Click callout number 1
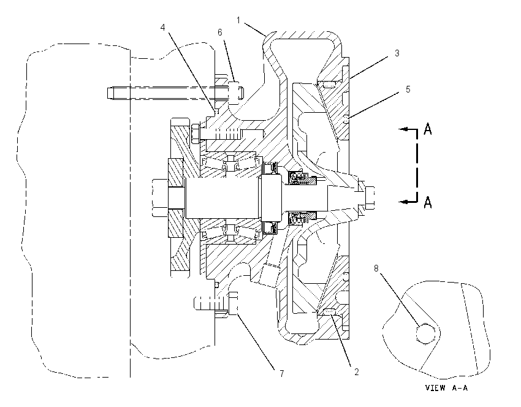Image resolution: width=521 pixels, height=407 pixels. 238,21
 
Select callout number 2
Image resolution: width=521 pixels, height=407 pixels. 357,372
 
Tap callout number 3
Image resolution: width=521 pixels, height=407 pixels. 397,53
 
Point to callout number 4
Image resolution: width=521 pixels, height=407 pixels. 162,27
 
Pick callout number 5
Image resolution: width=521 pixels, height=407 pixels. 408,89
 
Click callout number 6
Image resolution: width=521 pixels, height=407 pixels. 219,32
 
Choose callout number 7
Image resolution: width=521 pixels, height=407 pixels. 282,374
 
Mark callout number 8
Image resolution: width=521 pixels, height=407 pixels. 376,268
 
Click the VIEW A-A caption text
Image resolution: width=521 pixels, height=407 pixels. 446,388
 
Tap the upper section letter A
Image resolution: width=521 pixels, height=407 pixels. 428,129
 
